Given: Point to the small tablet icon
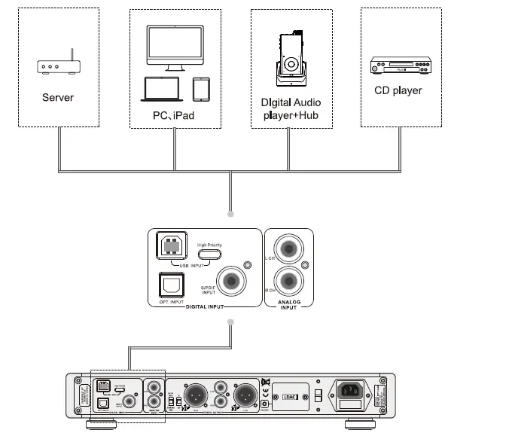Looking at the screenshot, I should (200, 90).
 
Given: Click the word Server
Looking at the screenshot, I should (58, 97).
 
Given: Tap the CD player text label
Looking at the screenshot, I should (398, 90).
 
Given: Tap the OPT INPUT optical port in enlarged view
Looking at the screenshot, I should (171, 285).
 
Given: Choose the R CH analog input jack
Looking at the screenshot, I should (288, 281).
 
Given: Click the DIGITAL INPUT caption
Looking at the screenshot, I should (206, 306).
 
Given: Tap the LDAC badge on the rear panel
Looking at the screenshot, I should (290, 392).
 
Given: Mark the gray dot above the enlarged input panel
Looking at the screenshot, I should (231, 213).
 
